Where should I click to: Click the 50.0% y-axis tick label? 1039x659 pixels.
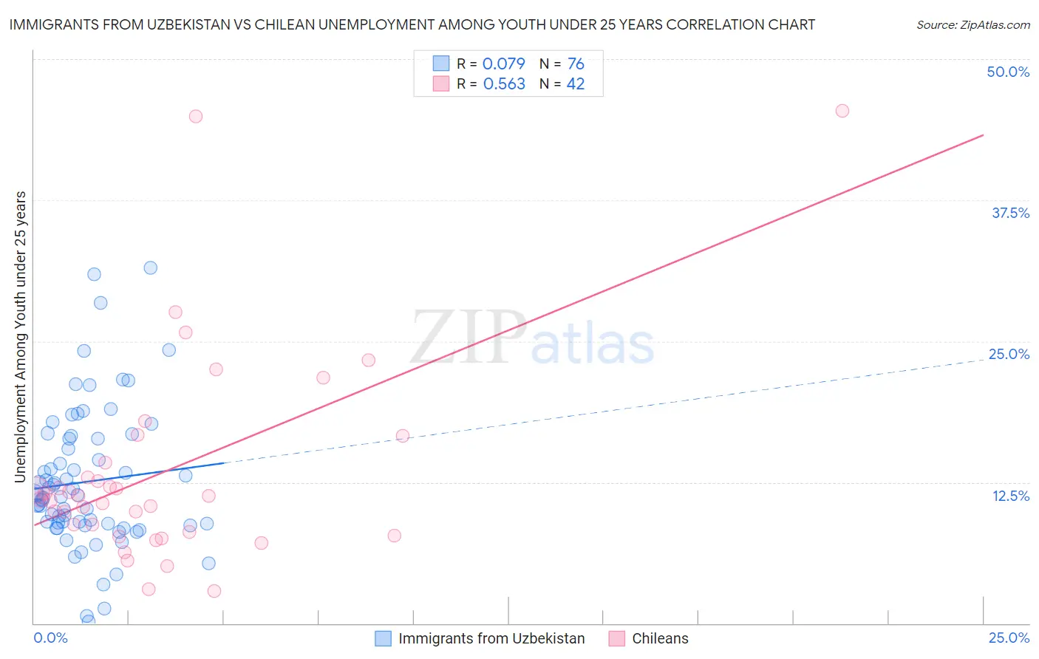tap(1008, 72)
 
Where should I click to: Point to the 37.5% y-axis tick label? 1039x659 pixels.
tap(1010, 213)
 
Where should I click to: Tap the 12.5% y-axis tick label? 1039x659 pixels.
tap(1010, 496)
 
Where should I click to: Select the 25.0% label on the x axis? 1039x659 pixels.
tap(1009, 638)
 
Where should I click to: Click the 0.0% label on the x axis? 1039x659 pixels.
tap(50, 638)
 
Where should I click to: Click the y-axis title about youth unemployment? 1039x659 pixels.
tap(20, 337)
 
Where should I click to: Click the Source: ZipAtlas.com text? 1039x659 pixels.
tap(972, 24)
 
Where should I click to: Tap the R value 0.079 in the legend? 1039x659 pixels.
tap(503, 64)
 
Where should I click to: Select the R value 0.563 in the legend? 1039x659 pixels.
tap(504, 83)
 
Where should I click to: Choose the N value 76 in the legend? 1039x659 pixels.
tap(576, 64)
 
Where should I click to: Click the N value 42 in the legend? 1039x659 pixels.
tap(575, 83)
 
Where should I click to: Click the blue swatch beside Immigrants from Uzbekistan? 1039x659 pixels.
tap(383, 638)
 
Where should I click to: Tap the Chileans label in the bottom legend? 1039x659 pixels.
tap(660, 638)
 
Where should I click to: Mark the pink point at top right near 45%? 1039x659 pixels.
tap(842, 111)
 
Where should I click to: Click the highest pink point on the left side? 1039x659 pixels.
tap(196, 116)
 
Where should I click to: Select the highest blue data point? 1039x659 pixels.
tap(150, 267)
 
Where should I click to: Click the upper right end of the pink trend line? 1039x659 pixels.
tap(983, 135)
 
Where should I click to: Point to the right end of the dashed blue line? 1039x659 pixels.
tap(983, 360)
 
